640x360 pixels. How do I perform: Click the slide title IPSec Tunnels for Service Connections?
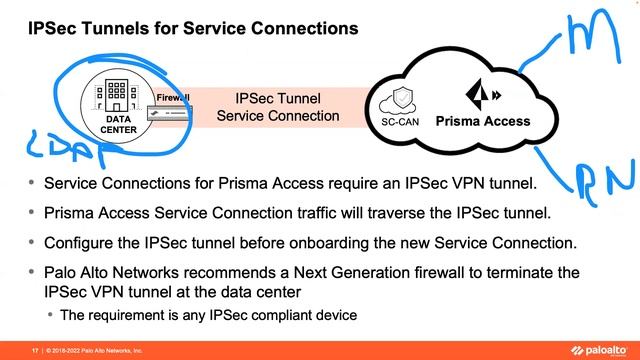(192, 30)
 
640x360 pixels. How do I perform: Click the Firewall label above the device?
(172, 97)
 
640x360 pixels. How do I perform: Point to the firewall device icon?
(173, 114)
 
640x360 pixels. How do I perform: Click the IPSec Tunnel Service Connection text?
(277, 108)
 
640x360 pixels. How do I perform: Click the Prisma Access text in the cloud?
(482, 122)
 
